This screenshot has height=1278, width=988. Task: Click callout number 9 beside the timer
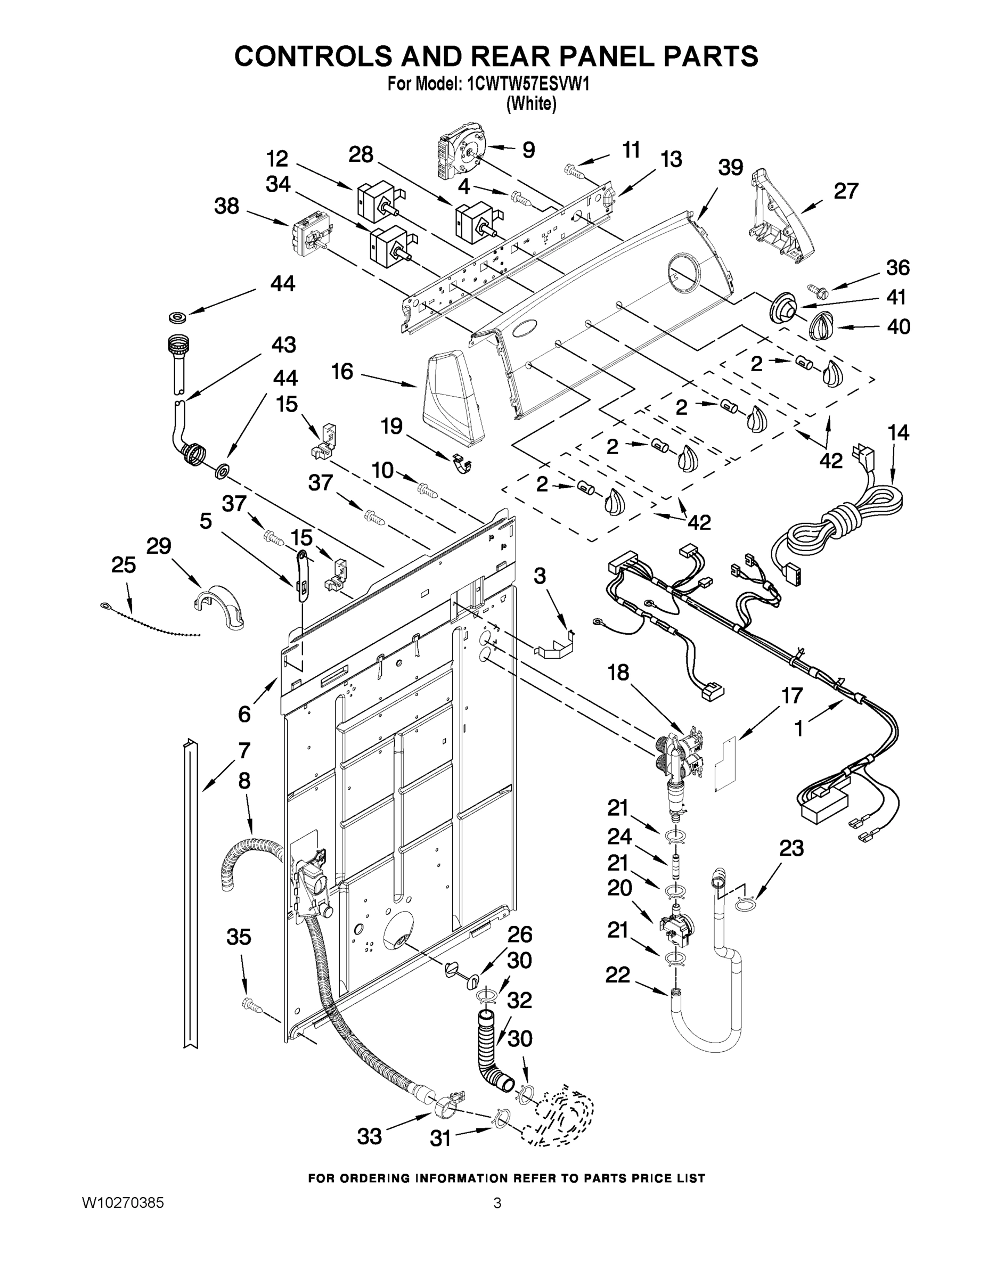point(528,150)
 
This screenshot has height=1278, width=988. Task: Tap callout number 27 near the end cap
point(845,191)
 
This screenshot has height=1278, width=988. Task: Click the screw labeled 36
point(814,288)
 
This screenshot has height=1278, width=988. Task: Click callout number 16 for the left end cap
point(342,371)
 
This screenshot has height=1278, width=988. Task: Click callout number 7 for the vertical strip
point(244,750)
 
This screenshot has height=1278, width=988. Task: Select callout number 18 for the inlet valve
point(618,673)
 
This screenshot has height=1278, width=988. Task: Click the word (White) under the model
point(531,104)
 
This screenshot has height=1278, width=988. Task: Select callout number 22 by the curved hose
point(617,974)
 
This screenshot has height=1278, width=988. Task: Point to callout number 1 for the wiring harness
point(799,728)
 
